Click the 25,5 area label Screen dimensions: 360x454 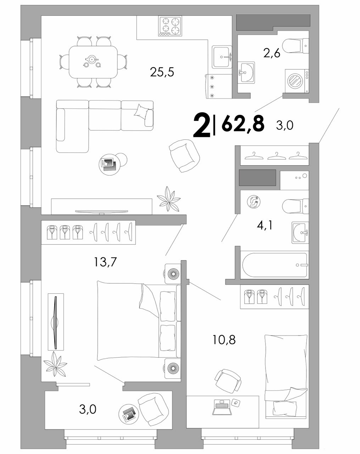(x=162, y=72)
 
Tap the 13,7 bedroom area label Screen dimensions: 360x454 (x=105, y=262)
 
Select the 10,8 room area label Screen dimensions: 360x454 (x=224, y=340)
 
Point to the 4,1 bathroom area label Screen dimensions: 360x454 (x=265, y=225)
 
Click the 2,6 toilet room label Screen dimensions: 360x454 (x=272, y=53)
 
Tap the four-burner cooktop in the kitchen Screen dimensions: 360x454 (x=170, y=26)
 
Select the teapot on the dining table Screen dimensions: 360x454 (x=92, y=59)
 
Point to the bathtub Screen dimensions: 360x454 (x=275, y=265)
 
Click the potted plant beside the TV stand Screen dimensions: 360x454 (x=168, y=199)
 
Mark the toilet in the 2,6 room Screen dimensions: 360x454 (x=295, y=46)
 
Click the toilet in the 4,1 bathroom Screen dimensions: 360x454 (x=295, y=206)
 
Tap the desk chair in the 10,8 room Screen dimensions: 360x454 (x=228, y=380)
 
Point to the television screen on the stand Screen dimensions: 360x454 (x=101, y=211)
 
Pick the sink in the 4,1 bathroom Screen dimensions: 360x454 (x=300, y=233)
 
